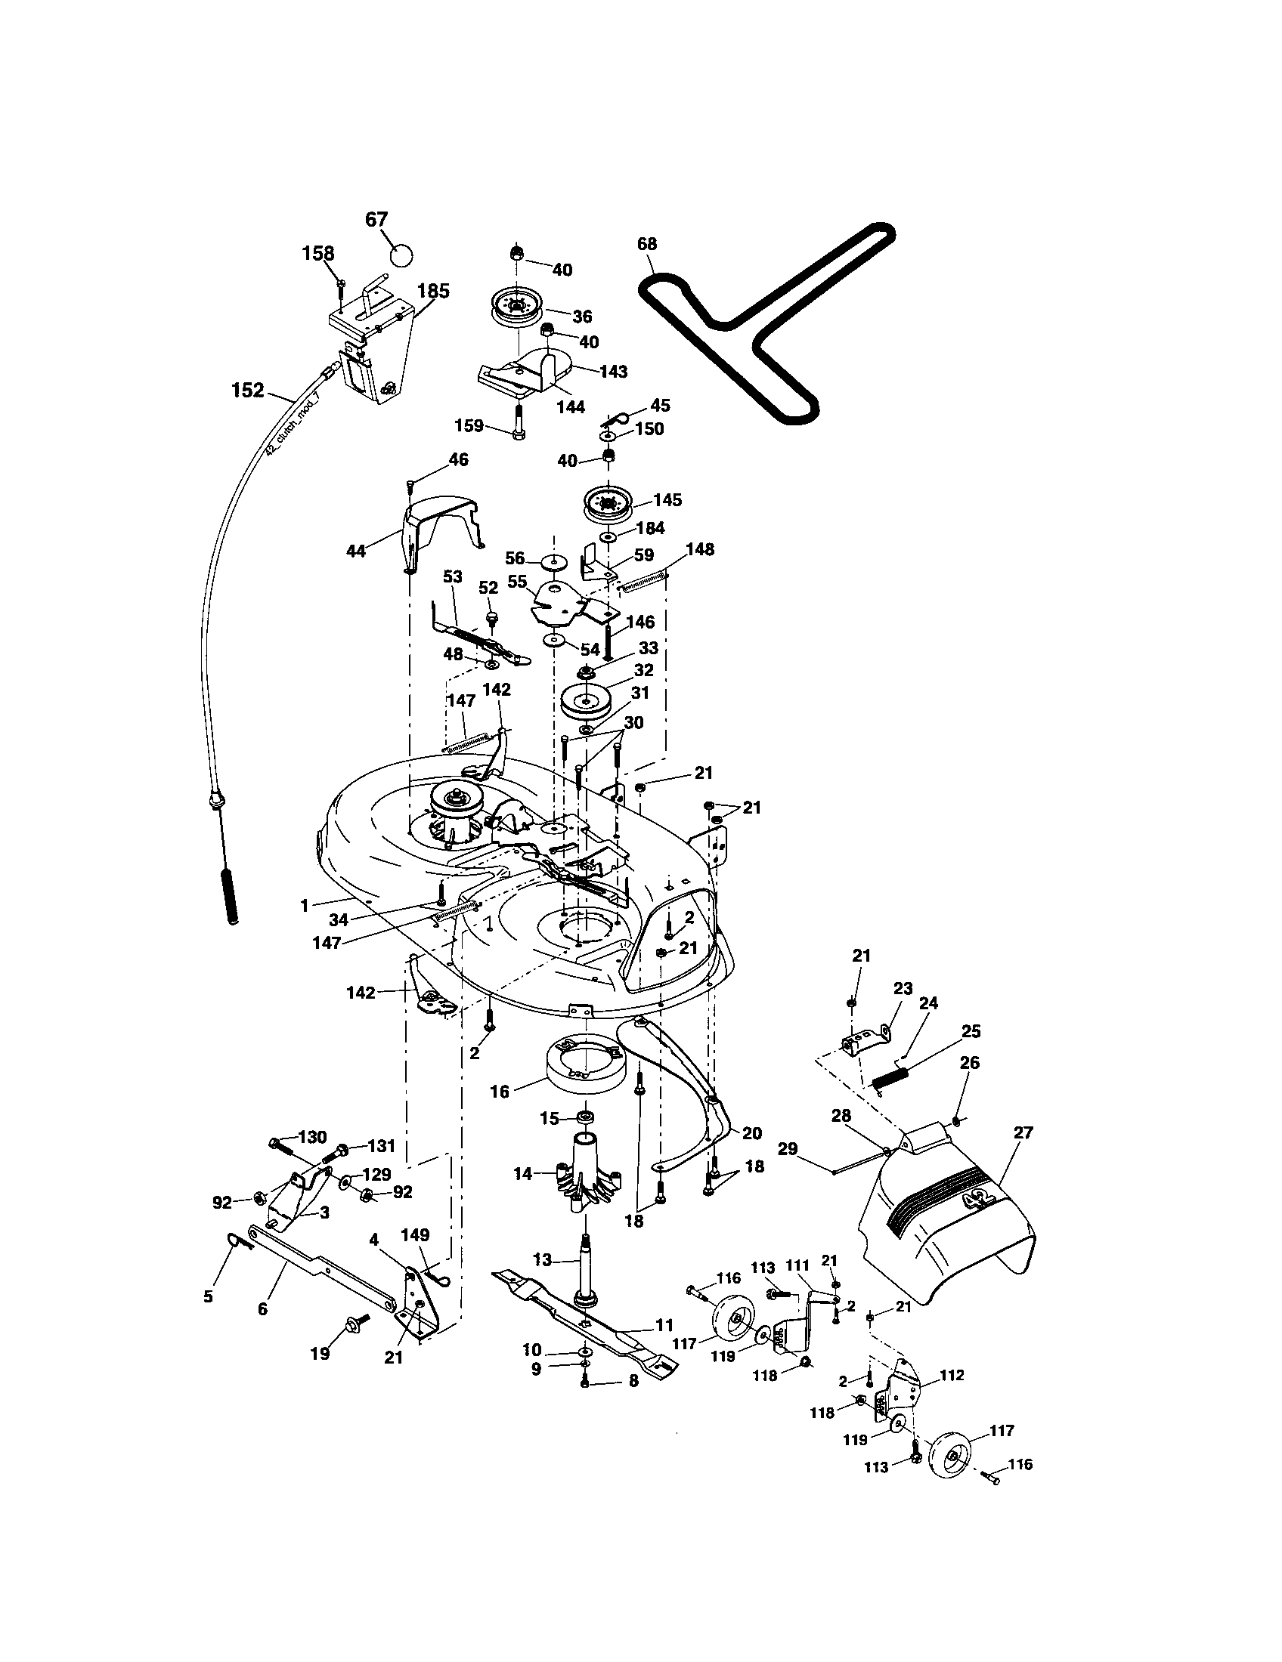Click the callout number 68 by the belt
pyautogui.click(x=647, y=244)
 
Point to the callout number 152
pyautogui.click(x=247, y=391)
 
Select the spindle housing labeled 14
pyautogui.click(x=587, y=1171)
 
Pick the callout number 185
pyautogui.click(x=433, y=291)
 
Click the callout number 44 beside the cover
pyautogui.click(x=355, y=550)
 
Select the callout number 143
pyautogui.click(x=613, y=372)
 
